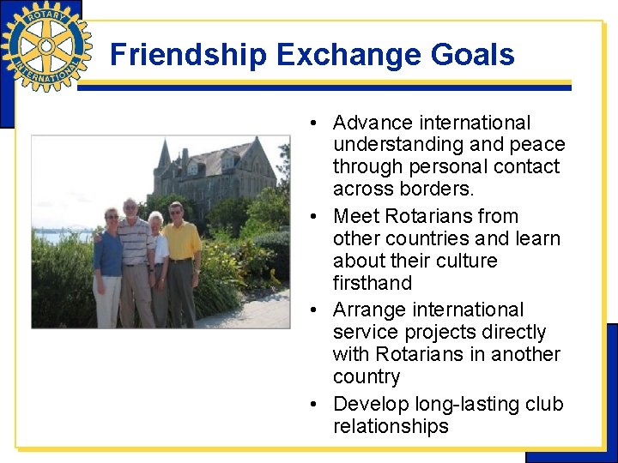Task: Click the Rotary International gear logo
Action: coord(46,45)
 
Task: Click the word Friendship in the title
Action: coord(189,55)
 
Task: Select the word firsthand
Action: coord(373,283)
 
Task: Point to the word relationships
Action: coord(391,426)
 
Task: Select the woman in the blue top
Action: coord(109,262)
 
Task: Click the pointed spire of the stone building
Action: coord(163,154)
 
